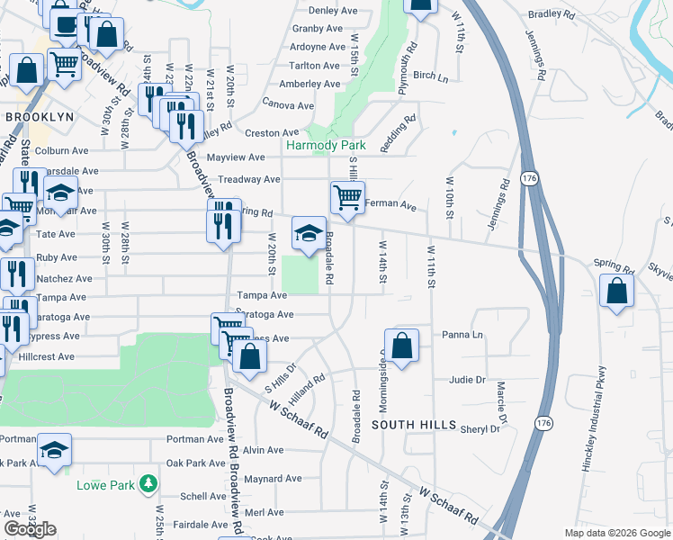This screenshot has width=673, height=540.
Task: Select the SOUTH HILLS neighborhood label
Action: pos(415,425)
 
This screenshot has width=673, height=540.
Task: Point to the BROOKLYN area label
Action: pos(39,117)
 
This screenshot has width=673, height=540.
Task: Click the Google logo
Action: pos(30,529)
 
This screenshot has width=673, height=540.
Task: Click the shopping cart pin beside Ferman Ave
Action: pos(347,196)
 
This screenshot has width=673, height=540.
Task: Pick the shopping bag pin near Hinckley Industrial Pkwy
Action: pos(616,291)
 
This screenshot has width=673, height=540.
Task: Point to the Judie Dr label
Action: pos(467,380)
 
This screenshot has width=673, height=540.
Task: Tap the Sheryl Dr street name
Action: pos(480,429)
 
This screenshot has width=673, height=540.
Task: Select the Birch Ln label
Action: pos(430,77)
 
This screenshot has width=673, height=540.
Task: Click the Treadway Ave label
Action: pos(244,179)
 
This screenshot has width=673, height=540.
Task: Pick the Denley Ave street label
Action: pos(334,11)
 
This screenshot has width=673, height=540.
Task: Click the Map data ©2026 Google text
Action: pos(616,533)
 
